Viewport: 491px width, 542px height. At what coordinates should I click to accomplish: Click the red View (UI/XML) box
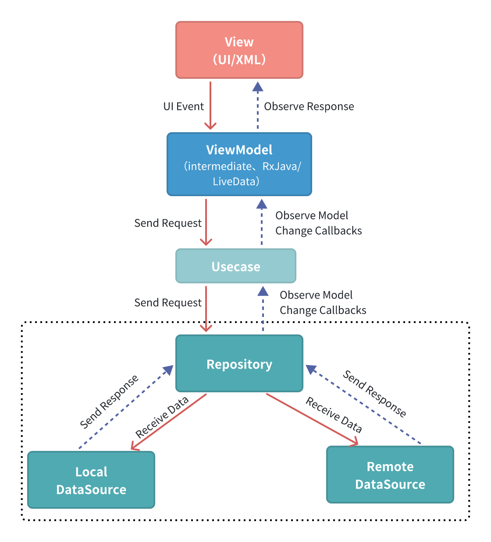tap(239, 50)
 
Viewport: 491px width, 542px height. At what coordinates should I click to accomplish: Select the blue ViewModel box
tap(239, 164)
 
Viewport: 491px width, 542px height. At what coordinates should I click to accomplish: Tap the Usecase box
tap(236, 266)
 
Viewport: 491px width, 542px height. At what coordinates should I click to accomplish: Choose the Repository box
tap(239, 363)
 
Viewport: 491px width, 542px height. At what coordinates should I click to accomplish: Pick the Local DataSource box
tap(91, 480)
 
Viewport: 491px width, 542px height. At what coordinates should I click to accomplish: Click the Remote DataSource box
tap(390, 475)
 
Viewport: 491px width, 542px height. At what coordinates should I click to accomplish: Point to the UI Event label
tap(183, 106)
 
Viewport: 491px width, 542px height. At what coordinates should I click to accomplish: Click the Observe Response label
tap(309, 106)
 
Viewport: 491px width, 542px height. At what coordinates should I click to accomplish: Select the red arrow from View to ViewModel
tap(210, 105)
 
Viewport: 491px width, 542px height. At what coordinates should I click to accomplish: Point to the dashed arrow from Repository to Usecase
tap(263, 309)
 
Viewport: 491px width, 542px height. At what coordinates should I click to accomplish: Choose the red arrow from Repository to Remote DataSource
tap(312, 419)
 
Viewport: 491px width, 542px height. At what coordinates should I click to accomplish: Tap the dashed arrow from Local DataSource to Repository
tap(125, 408)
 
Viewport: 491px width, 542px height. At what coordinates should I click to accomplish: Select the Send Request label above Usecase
tap(168, 223)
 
